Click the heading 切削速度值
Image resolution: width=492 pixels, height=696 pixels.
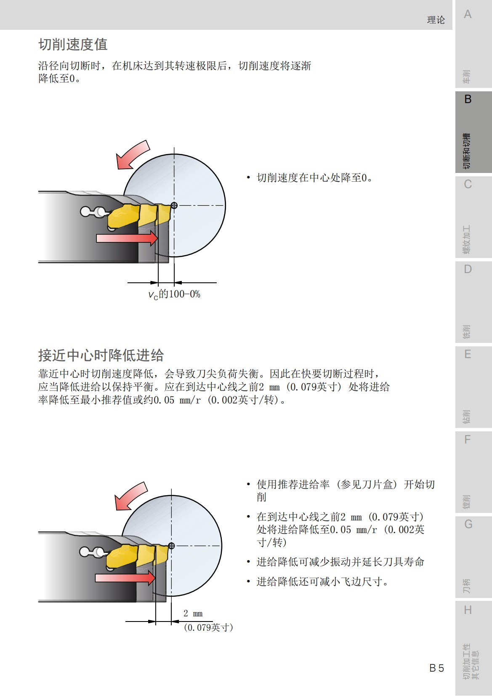73,45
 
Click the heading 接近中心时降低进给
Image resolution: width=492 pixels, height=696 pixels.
101,356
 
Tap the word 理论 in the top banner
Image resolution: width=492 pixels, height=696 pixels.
436,20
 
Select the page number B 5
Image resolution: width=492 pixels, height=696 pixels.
436,668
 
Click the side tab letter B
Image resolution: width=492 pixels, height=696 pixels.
468,99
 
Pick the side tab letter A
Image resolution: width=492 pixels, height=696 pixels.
468,15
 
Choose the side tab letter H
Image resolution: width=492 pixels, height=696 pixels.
468,610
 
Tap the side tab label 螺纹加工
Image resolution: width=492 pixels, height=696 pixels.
466,240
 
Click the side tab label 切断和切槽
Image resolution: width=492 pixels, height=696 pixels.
466,151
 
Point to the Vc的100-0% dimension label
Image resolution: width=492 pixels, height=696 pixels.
174,295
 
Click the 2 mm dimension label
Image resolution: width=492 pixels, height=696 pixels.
193,614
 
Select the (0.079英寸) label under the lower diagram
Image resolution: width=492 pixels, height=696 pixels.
208,627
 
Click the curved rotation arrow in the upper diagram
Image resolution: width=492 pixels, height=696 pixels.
133,155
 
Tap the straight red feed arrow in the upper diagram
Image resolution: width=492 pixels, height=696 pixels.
127,238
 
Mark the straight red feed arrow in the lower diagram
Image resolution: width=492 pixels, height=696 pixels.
125,578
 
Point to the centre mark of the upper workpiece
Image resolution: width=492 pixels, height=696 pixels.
174,205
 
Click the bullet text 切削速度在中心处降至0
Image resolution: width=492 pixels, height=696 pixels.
314,178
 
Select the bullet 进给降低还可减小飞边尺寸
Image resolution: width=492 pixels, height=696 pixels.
322,582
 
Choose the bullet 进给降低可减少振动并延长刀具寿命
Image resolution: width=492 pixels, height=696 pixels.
340,562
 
